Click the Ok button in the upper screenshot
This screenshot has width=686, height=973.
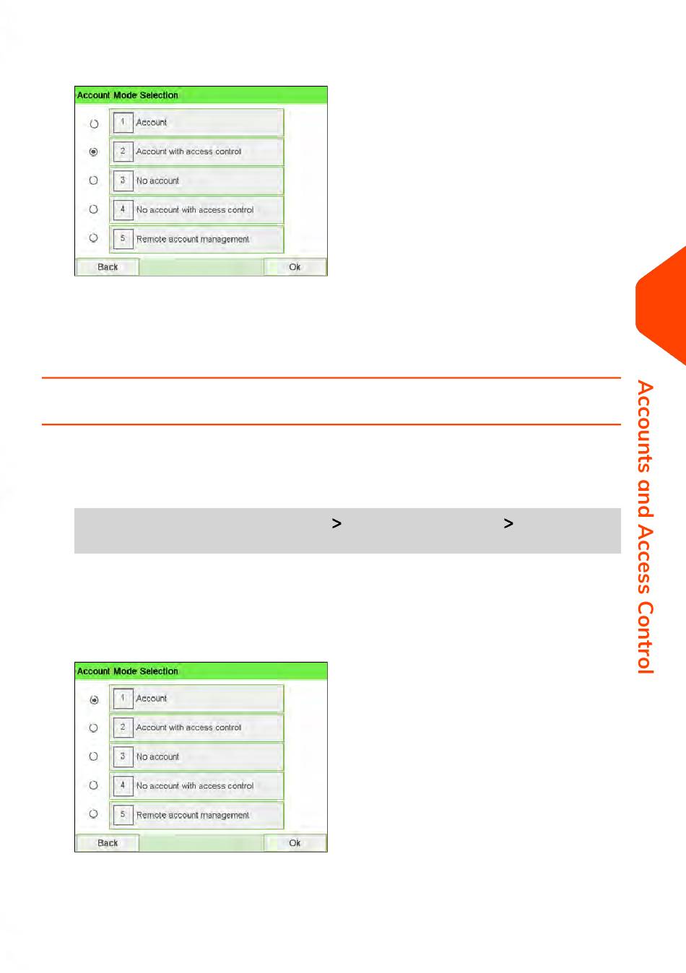[295, 266]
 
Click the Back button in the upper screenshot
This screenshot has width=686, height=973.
[108, 266]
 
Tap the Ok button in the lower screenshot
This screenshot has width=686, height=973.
[295, 842]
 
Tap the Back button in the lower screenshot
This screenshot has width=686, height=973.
[108, 842]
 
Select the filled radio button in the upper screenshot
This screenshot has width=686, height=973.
[93, 152]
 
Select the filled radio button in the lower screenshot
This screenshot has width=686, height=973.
[94, 699]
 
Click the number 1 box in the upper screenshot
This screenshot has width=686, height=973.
[123, 123]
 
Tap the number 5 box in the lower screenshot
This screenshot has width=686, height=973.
[123, 814]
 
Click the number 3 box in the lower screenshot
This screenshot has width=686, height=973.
[123, 756]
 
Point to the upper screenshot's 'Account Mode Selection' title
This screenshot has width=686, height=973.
[127, 95]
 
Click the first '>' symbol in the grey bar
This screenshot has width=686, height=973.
[337, 523]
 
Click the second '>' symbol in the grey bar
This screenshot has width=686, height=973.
[508, 523]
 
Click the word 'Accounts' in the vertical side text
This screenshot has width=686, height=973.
[645, 426]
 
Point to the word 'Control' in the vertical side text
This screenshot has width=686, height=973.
[645, 637]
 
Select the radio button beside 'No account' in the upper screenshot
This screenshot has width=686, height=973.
[93, 180]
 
